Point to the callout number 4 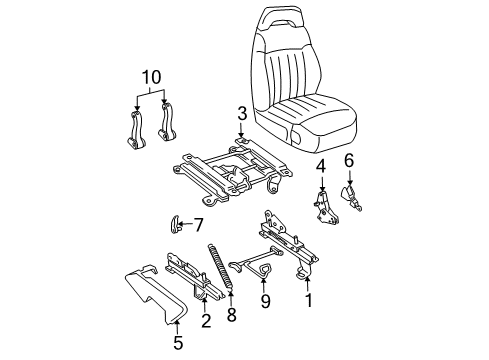pyautogui.click(x=321, y=165)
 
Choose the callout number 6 pyautogui.click(x=348, y=160)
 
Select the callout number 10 pyautogui.click(x=150, y=76)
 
